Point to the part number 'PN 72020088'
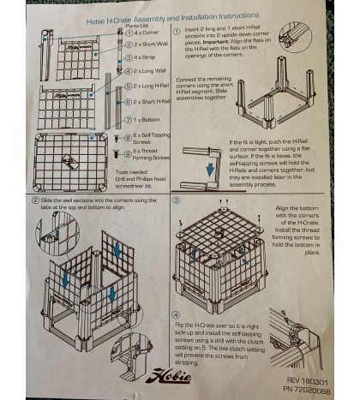[306, 385]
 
